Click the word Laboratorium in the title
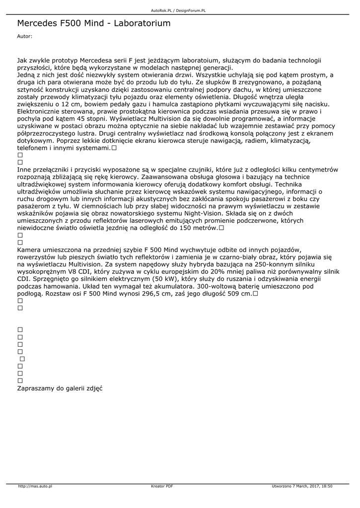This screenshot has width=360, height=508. [138, 23]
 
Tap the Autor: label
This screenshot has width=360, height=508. [24, 36]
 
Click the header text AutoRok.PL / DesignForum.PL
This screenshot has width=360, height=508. [178, 10]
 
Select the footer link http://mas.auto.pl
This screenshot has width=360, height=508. [35, 486]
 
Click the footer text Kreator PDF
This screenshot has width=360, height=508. [162, 486]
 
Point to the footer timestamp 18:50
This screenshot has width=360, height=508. [327, 486]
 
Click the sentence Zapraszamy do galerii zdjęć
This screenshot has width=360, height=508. [60, 388]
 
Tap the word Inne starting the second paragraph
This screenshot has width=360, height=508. [25, 170]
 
